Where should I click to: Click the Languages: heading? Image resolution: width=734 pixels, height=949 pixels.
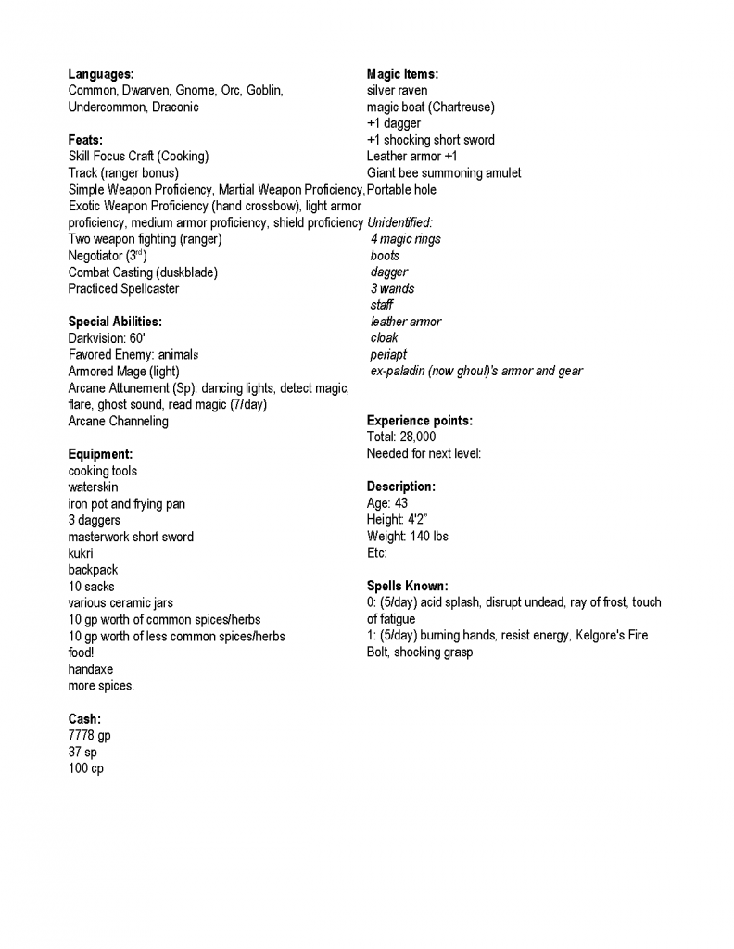[x=101, y=74]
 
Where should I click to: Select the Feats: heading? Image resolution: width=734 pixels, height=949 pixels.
[x=85, y=140]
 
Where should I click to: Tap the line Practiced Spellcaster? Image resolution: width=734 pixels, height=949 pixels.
[x=123, y=289]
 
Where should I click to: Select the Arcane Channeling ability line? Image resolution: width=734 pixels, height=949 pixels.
[x=119, y=422]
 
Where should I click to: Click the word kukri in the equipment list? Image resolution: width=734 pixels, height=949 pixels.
[x=81, y=554]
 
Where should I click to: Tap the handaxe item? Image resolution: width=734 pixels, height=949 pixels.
[x=90, y=670]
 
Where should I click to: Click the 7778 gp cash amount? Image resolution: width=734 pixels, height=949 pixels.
[x=89, y=736]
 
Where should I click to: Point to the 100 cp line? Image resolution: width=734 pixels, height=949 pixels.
[x=85, y=769]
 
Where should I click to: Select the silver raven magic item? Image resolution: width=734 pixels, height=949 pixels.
[x=397, y=91]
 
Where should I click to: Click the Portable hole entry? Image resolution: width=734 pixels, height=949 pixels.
[x=401, y=190]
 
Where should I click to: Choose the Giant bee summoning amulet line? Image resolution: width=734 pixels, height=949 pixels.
[x=444, y=173]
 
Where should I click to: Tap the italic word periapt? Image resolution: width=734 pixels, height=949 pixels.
[x=388, y=355]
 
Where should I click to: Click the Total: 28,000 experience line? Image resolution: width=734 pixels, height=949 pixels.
[x=401, y=437]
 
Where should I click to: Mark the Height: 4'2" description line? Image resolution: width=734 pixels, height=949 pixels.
[x=397, y=521]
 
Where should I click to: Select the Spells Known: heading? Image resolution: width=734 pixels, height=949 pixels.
[x=407, y=587]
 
